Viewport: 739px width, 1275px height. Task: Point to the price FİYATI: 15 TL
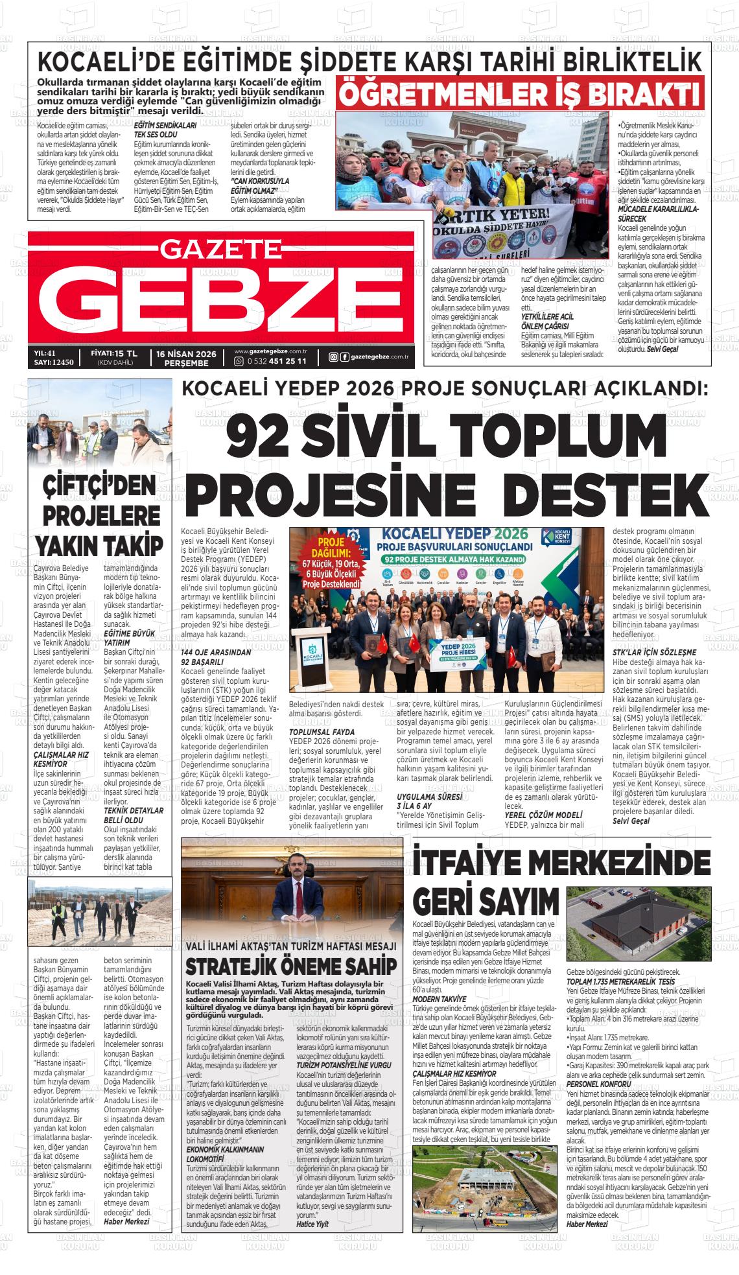[x=114, y=353]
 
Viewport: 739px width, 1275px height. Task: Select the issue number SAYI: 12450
[x=54, y=362]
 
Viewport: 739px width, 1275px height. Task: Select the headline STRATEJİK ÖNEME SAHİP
[x=291, y=966]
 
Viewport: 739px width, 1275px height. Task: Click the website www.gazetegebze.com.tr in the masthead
[x=270, y=351]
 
